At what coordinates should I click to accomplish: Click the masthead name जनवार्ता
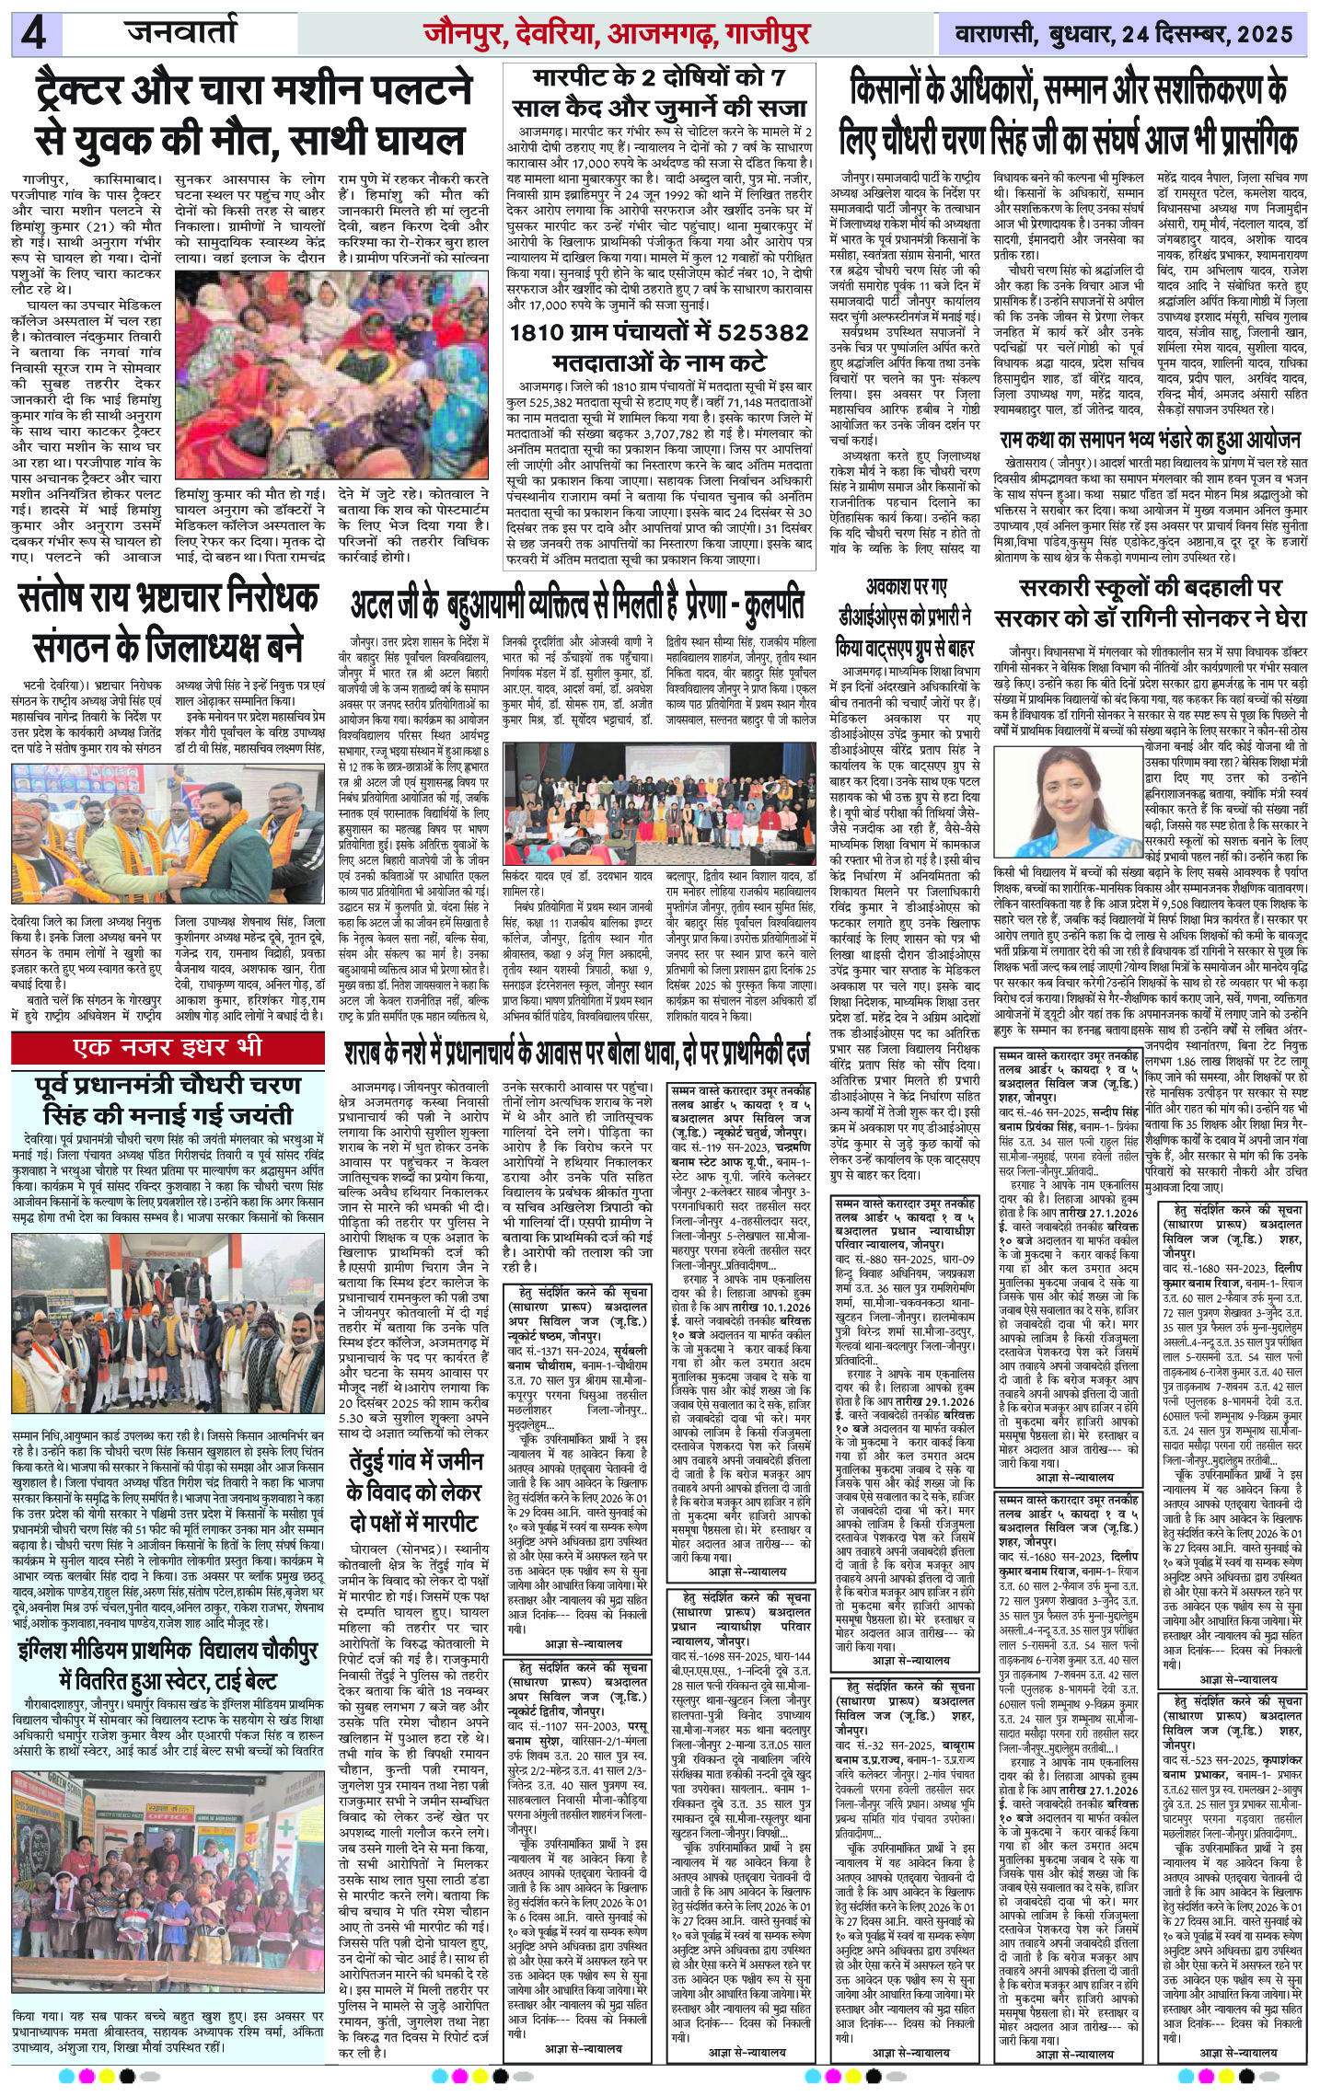[x=182, y=34]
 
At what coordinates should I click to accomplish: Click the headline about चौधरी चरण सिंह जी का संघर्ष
[x=1068, y=116]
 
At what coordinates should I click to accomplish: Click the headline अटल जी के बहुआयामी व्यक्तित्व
[x=577, y=605]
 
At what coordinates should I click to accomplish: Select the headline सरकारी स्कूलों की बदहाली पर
[x=1152, y=606]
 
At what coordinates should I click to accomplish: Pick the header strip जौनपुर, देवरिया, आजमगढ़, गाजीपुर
[x=616, y=35]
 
